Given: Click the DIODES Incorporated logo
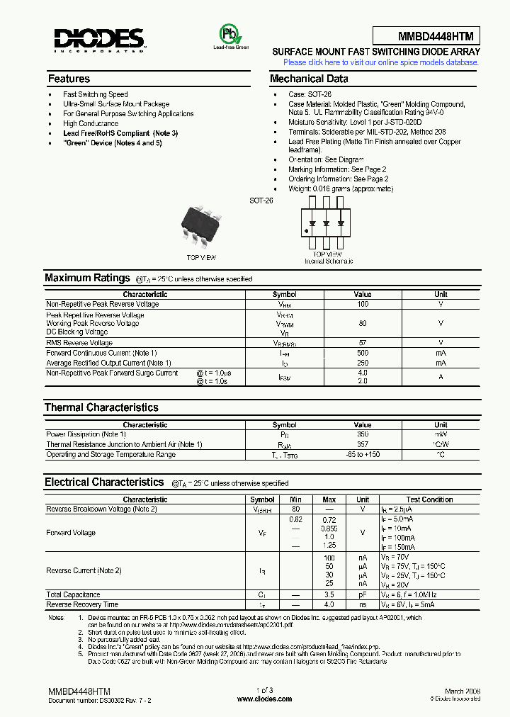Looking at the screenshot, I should coord(99,40).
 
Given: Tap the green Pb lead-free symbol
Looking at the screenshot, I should coord(231,35).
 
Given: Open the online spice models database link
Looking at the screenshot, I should coord(381,62).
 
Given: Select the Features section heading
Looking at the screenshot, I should coord(69,79).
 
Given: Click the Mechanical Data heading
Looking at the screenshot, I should coord(309,79).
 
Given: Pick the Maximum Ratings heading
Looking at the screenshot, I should coord(87,278).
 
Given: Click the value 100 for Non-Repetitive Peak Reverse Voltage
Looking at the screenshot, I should coord(363,304).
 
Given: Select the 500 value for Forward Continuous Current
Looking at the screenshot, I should coord(363,353).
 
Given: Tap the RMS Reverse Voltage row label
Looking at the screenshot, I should coord(79,343).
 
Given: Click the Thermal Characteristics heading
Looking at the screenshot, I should coord(101,407).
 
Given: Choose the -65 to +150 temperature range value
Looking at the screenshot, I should coord(363,455).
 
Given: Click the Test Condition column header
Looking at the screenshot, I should coord(429,499).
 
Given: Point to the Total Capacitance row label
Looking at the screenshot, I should coord(74,595).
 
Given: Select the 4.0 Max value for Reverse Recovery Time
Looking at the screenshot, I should coord(329,605).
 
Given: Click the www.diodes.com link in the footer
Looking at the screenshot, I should coord(264,699).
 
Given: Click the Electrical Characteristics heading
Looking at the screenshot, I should coord(104,482).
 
